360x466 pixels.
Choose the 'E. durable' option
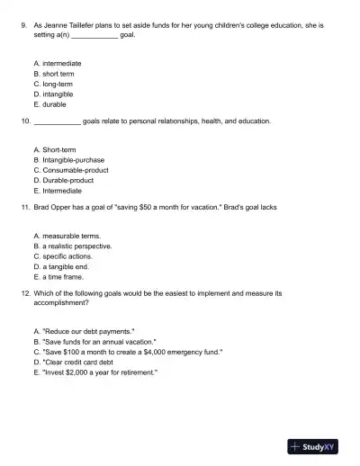click(x=49, y=103)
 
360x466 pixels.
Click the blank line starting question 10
click(x=56, y=120)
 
